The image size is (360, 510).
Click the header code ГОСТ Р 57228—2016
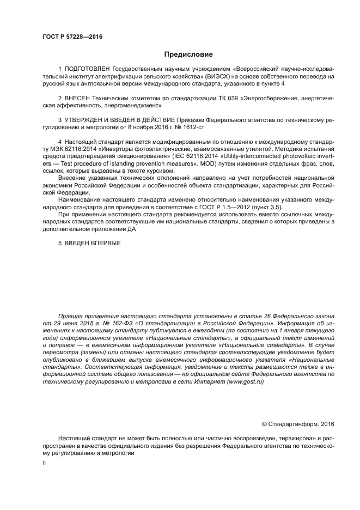(x=72, y=37)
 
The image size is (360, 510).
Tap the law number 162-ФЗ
(x=94, y=323)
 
